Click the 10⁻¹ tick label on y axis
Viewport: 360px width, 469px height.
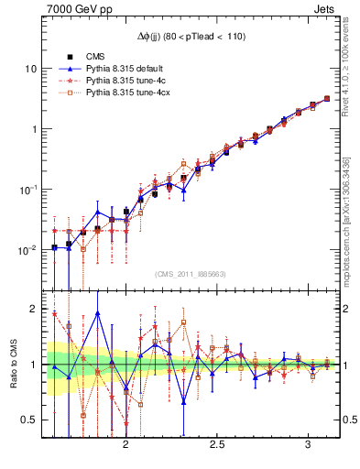pos(29,190)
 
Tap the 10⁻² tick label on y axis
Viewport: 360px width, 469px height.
pos(29,250)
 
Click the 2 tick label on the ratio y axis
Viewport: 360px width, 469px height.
pos(36,309)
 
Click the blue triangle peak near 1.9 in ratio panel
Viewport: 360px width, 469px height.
pos(97,313)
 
